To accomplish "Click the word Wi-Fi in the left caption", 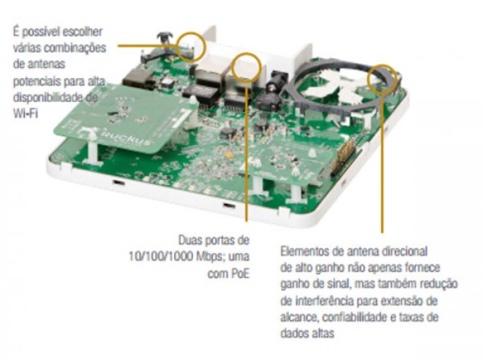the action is click(x=26, y=113).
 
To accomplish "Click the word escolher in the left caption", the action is click(x=82, y=32).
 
